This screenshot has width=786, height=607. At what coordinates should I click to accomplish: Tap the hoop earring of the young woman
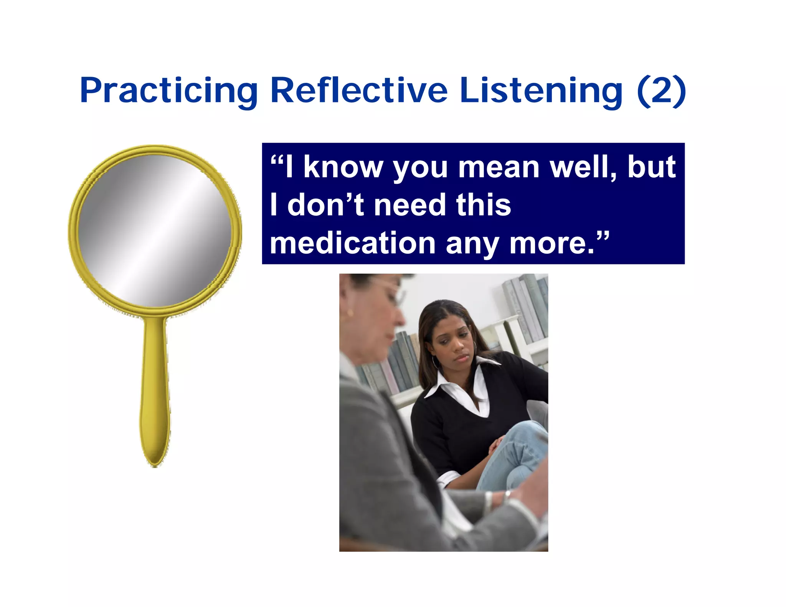pyautogui.click(x=435, y=361)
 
